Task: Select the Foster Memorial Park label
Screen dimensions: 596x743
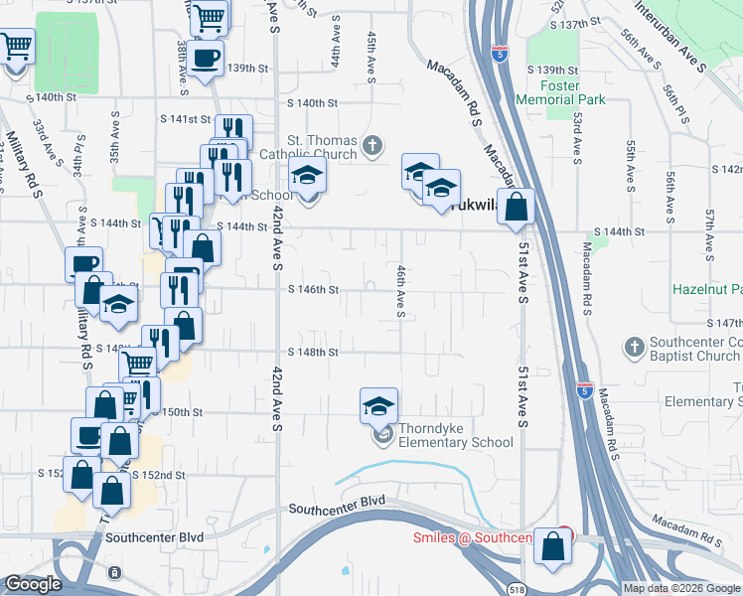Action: point(561,93)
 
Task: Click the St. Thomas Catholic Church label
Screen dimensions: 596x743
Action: point(308,146)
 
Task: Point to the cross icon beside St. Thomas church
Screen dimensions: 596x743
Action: point(372,147)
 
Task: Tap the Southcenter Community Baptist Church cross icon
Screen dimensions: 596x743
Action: point(634,348)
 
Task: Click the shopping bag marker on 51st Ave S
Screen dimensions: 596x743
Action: point(517,209)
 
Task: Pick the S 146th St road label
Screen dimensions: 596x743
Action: point(314,290)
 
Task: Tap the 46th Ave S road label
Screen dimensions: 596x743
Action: point(401,291)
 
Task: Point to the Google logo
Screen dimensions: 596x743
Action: point(33,584)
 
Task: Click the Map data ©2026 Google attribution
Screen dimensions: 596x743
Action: point(681,588)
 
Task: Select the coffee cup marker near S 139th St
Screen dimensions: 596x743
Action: point(207,59)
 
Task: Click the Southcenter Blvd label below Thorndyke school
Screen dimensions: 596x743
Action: point(337,510)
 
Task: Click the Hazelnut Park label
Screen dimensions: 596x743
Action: point(706,289)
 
